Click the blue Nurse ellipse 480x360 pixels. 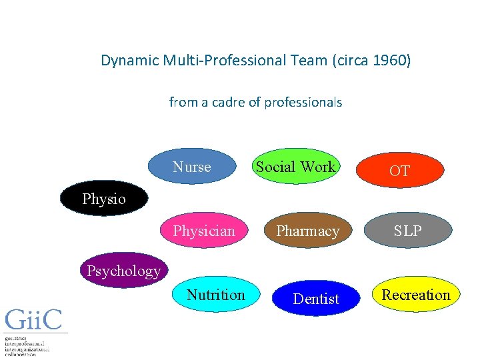(192, 167)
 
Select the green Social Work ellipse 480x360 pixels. (296, 167)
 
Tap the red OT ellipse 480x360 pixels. (399, 171)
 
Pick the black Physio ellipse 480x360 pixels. (104, 199)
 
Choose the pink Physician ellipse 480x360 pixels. (204, 231)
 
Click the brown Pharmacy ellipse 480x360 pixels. (308, 231)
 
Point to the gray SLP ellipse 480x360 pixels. (407, 231)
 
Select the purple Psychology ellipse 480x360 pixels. (123, 270)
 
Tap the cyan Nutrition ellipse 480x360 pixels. (215, 295)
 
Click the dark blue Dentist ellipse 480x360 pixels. (316, 299)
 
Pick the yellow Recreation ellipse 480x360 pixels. (416, 295)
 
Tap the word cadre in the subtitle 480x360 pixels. (230, 102)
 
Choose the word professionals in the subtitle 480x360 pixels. (303, 102)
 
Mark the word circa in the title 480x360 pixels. (350, 61)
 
